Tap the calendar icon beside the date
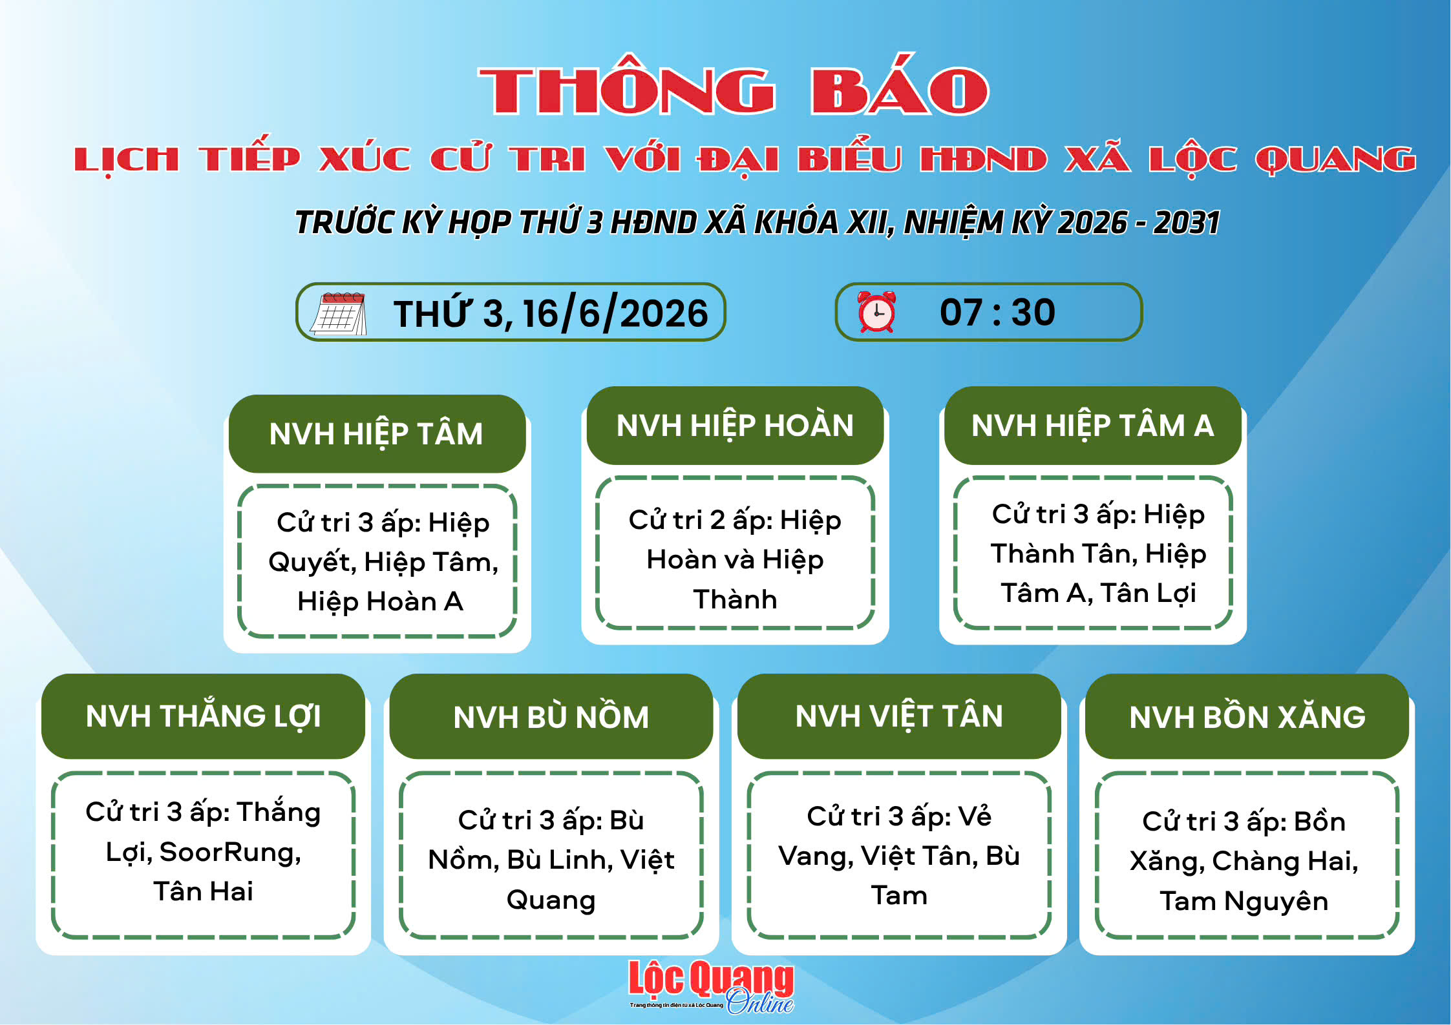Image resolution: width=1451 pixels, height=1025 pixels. coord(339,313)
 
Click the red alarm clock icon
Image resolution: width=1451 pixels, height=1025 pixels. coord(876,311)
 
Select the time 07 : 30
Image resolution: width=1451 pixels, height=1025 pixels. coord(997,312)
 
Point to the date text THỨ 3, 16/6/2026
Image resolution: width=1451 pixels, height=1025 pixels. coord(551,313)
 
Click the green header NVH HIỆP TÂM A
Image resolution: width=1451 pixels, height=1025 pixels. coord(1092,426)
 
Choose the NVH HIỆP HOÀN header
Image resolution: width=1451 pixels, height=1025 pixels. coord(735,426)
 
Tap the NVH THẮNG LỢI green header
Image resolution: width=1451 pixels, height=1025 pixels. coord(203,716)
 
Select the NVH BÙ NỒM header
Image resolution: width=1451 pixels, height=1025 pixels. coord(551,716)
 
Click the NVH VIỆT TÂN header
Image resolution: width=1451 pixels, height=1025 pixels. coord(899,716)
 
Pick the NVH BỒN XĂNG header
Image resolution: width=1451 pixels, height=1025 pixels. coord(1247,716)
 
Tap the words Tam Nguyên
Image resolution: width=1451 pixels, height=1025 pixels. coord(1244,902)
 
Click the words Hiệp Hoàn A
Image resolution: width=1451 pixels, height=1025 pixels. coord(380,602)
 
